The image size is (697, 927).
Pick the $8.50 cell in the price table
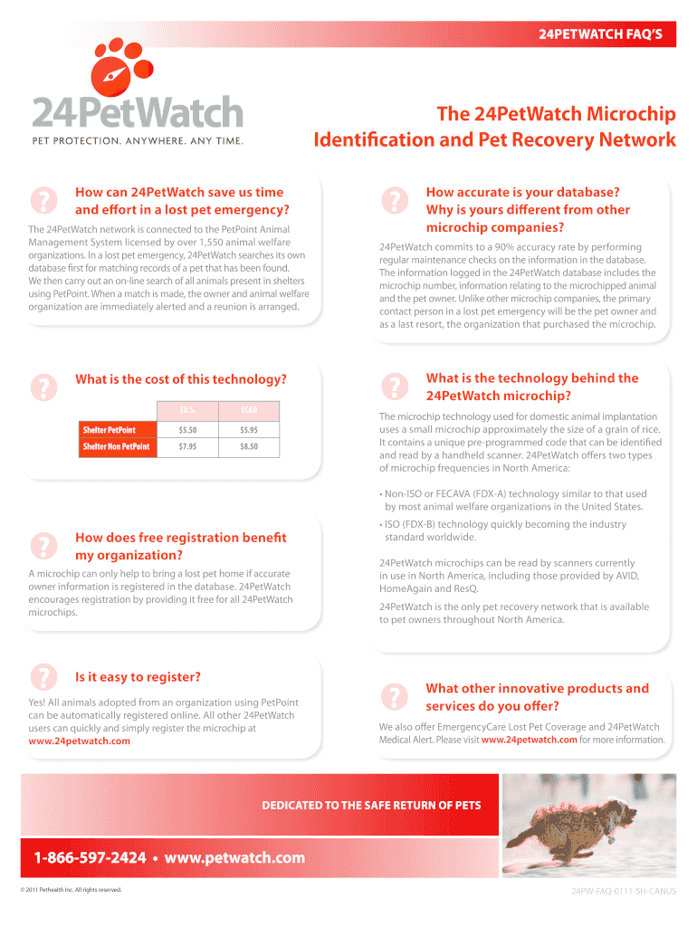249,446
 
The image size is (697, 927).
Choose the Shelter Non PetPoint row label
116,446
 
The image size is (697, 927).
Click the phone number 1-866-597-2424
90,857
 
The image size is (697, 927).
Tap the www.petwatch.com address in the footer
234,857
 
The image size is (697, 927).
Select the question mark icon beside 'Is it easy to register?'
43,677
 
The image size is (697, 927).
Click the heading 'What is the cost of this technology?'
181,379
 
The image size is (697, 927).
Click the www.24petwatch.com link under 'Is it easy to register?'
80,741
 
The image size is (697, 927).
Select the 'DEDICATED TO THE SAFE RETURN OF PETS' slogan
371,805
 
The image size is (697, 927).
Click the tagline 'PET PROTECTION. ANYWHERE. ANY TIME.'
138,140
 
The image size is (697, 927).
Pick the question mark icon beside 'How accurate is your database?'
393,201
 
